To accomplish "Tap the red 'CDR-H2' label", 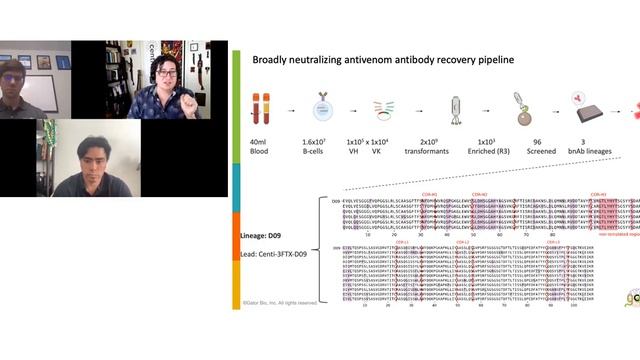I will click(x=480, y=194).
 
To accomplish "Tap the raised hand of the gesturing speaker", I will click(x=190, y=99).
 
